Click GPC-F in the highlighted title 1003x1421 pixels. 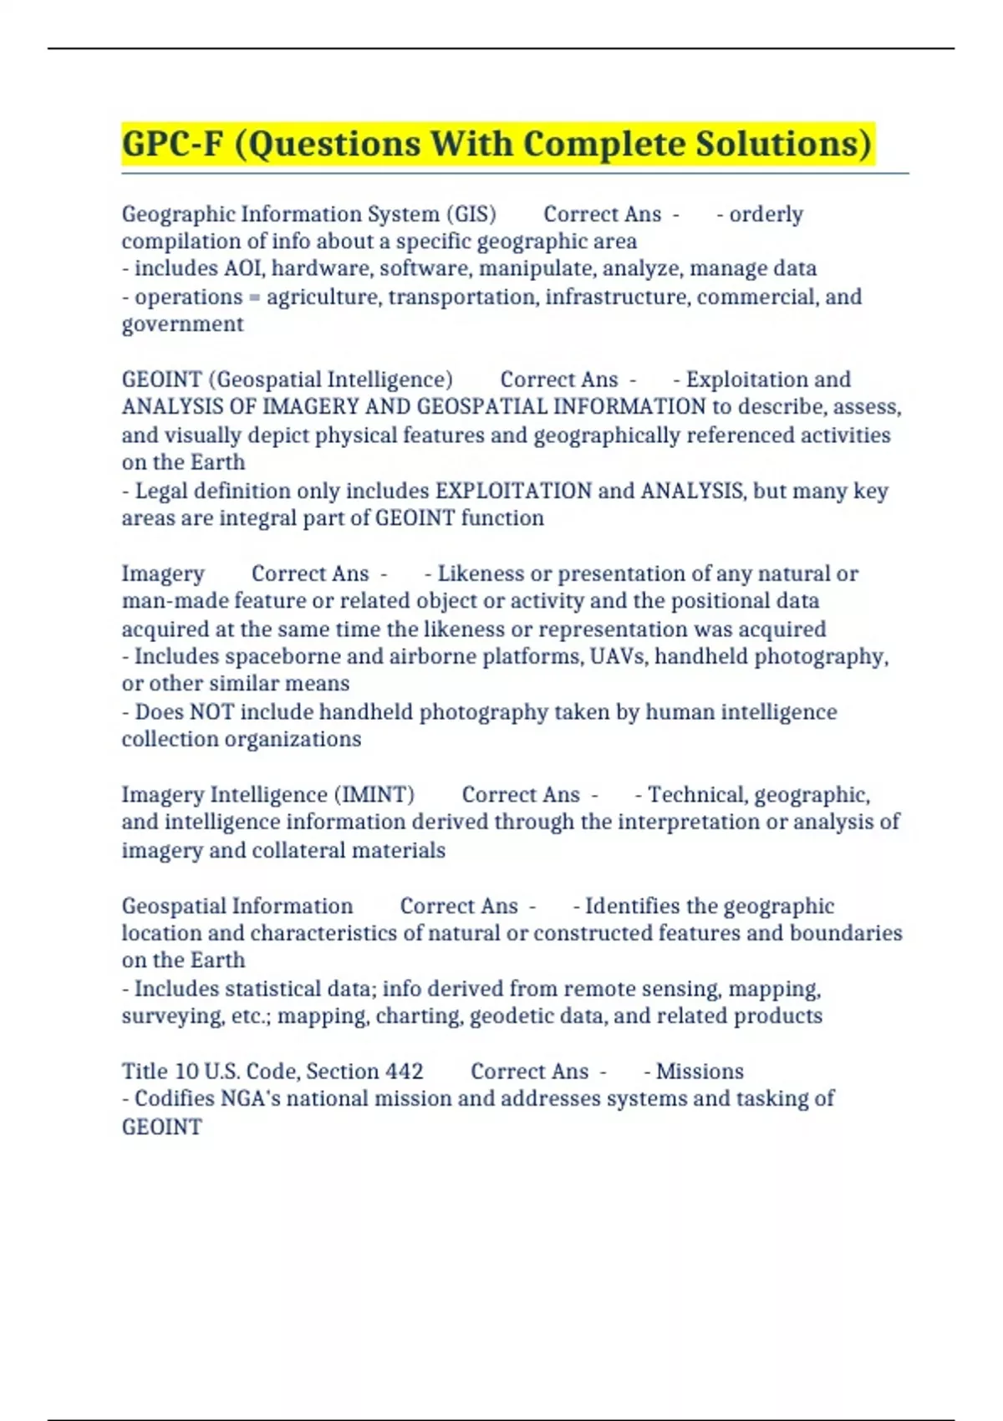[173, 144]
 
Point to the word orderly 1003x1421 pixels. [766, 214]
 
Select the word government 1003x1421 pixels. [182, 324]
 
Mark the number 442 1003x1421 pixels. [405, 1071]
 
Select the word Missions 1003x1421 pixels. [700, 1071]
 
